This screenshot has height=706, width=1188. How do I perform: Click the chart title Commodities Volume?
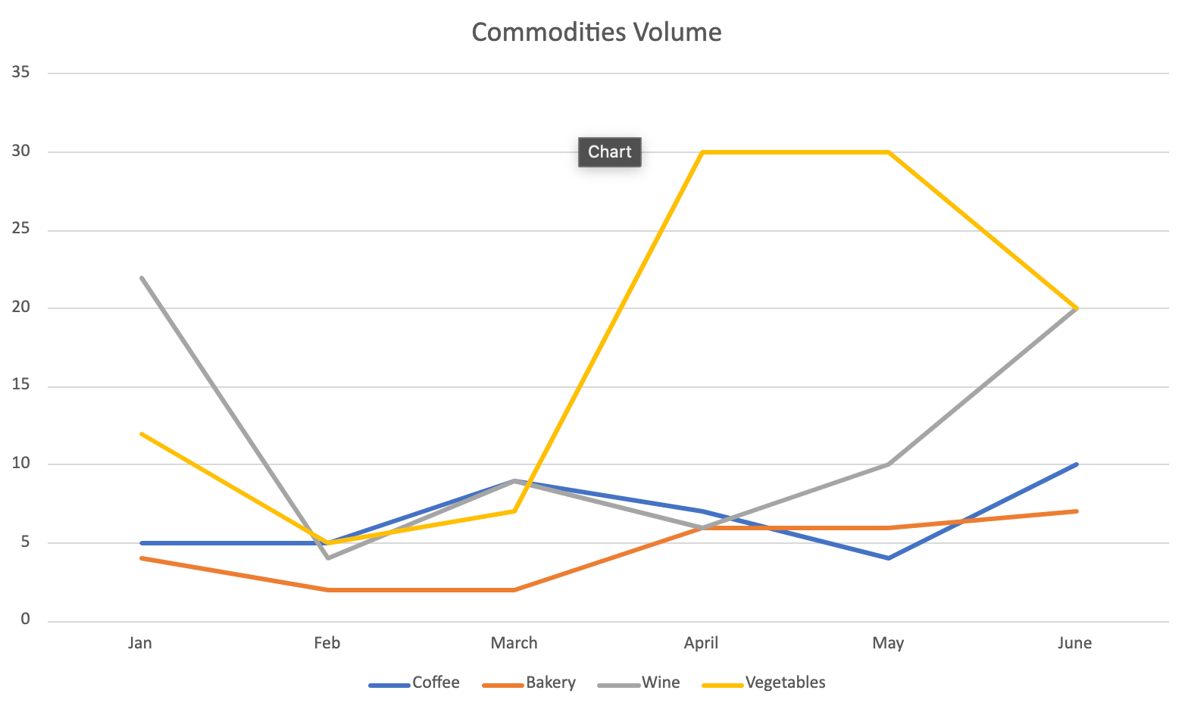pos(597,33)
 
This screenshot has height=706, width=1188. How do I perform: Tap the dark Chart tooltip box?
pos(610,152)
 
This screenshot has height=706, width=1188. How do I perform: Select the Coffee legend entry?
pos(414,682)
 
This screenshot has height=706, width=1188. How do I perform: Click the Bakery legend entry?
pos(529,682)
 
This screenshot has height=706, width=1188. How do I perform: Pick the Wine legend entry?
pos(639,682)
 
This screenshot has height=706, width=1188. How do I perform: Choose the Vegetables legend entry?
pos(764,682)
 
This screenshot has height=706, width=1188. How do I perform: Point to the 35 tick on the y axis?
pos(20,72)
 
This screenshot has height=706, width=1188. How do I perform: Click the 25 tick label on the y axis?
pos(20,229)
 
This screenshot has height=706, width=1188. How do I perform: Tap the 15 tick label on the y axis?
pos(20,385)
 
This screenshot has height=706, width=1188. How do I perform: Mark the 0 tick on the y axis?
pos(25,619)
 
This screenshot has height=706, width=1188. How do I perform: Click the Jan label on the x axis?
pos(140,643)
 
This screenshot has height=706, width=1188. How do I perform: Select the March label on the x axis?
pos(514,643)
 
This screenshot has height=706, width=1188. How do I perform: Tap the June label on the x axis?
pos(1075,643)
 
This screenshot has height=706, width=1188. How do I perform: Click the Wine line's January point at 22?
pos(142,277)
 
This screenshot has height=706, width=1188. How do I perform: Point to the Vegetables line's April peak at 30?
pos(702,152)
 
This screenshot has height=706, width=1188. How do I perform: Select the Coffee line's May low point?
pos(888,558)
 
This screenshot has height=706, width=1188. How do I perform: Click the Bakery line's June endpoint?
pos(1076,511)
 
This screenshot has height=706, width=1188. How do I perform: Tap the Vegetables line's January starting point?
pos(142,434)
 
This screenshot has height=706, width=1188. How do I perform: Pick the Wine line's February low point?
pos(329,558)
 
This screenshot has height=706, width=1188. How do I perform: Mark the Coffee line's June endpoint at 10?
pos(1076,464)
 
